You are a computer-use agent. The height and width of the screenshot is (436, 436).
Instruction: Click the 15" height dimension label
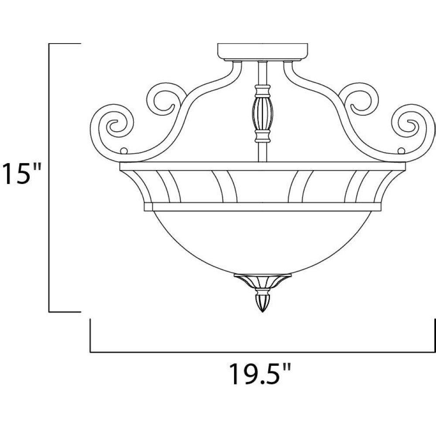[x=21, y=174]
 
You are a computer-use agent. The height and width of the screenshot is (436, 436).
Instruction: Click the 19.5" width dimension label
[x=260, y=374]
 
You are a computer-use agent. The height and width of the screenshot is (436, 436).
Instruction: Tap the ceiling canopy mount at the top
[x=262, y=52]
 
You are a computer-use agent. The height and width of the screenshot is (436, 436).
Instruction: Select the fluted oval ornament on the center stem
[x=262, y=113]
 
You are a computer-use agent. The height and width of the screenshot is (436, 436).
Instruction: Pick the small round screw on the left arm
[x=124, y=151]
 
